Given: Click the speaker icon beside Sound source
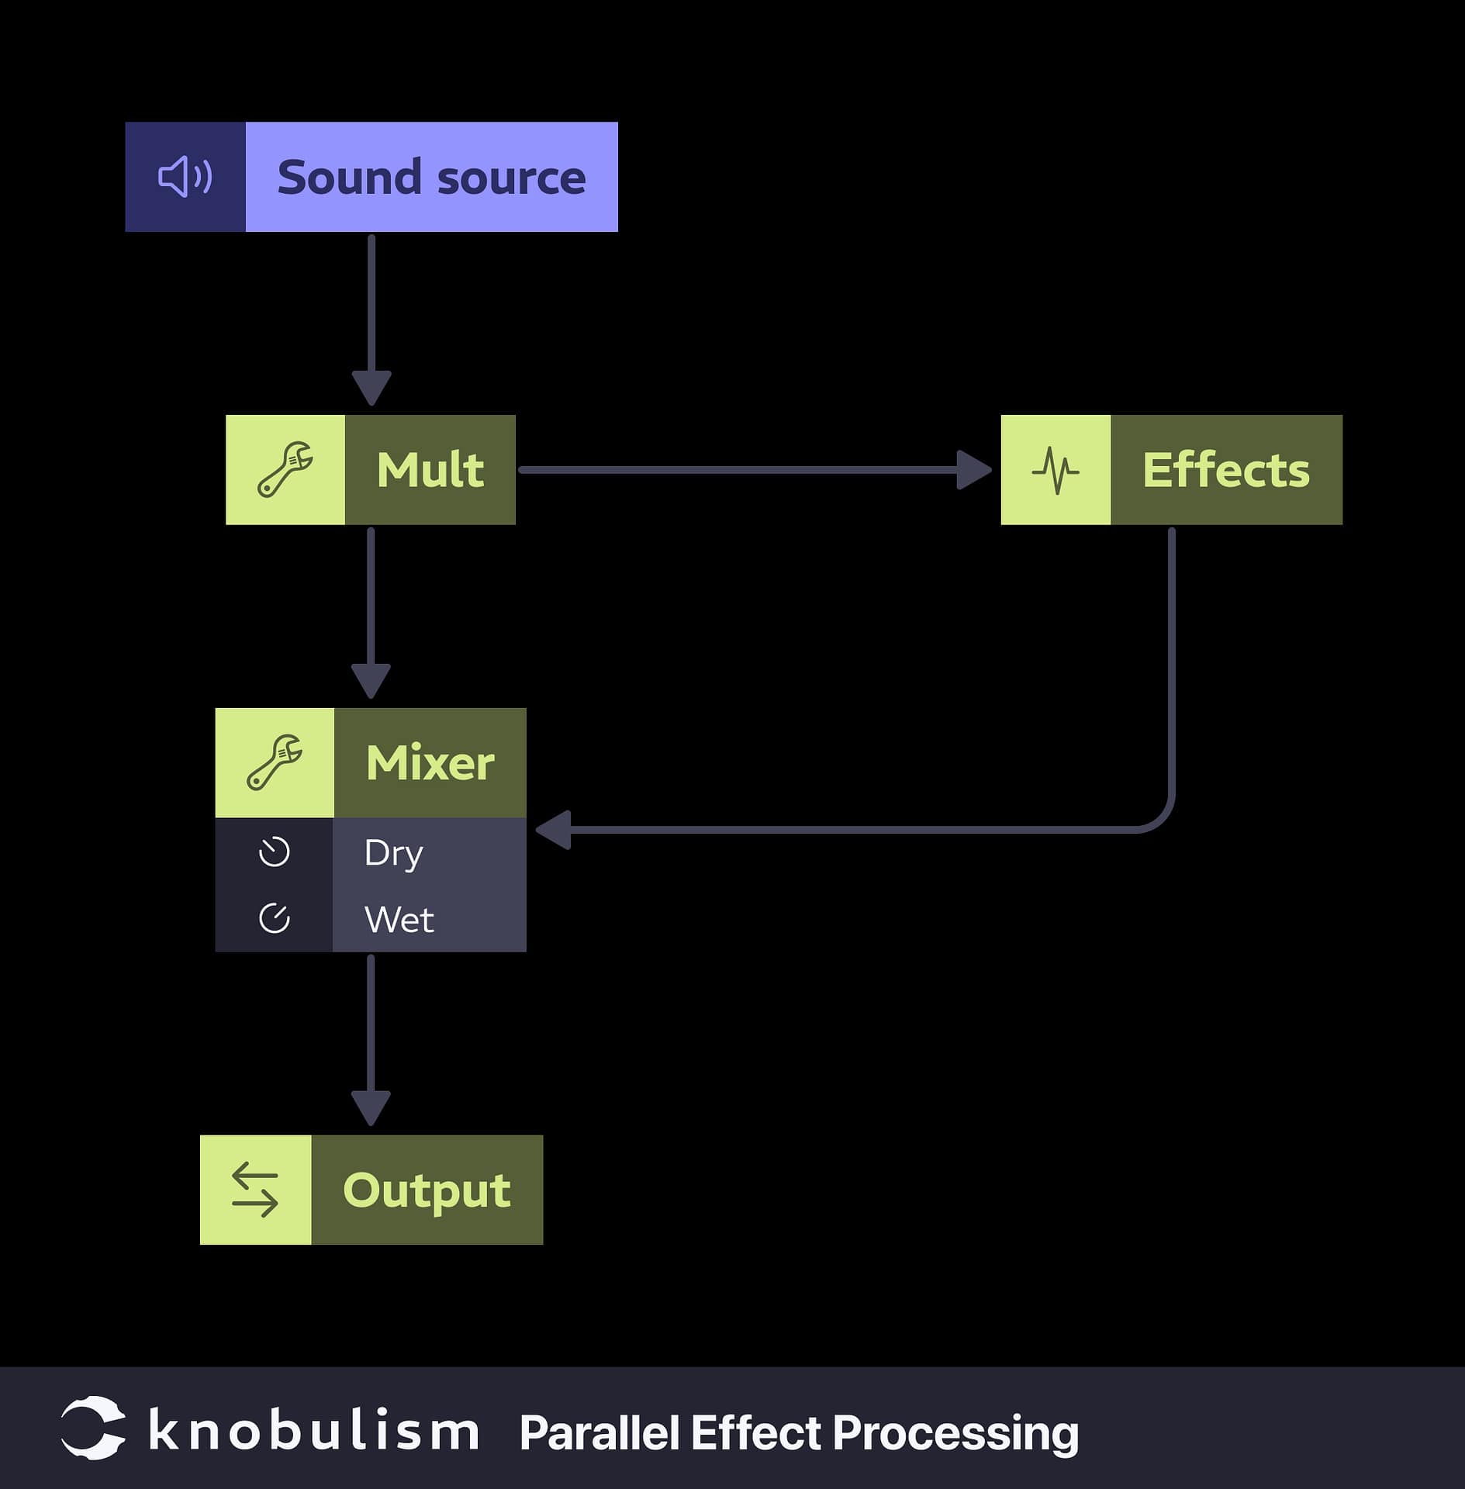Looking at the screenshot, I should point(185,177).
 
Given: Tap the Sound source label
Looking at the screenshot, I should point(431,178).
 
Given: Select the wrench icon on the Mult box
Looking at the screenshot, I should point(285,469).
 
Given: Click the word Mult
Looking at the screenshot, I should point(430,470).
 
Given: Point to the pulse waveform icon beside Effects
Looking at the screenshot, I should point(1055,470).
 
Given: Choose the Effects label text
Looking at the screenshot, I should point(1225,470).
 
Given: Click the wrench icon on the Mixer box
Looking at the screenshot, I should point(275,762).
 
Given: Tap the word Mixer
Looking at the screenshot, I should point(430,763).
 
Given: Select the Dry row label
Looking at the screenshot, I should point(393,853).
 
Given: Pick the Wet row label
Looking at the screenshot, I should point(399,920).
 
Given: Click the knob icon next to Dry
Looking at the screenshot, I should point(274,852).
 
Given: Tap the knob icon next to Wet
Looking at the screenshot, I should point(274,918).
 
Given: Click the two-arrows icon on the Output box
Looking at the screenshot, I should point(255,1189).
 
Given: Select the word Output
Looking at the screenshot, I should point(427,1190).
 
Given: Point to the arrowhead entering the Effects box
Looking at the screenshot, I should point(974,470).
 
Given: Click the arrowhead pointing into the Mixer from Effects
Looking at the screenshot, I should point(554,830).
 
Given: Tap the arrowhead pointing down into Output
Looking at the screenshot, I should point(371,1107).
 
